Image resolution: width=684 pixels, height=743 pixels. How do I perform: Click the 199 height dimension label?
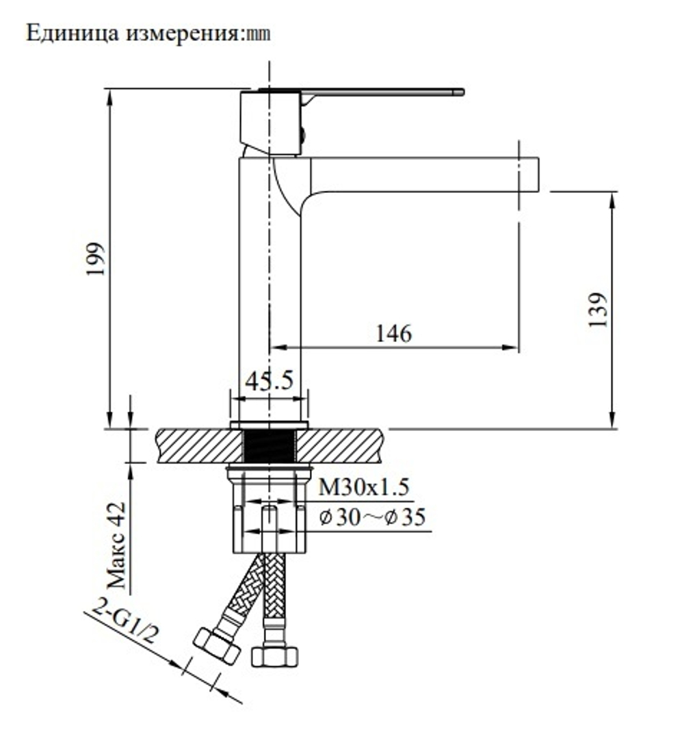(x=95, y=259)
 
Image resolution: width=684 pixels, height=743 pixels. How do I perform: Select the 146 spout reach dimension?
(x=394, y=333)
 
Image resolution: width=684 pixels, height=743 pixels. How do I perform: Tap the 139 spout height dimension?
(x=598, y=310)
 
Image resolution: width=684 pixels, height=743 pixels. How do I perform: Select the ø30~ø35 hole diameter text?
(x=372, y=518)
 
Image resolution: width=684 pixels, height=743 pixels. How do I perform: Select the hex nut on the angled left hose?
(x=217, y=645)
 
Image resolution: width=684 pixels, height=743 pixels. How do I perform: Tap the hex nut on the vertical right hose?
(x=274, y=656)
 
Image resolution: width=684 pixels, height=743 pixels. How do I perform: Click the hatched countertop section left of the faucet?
(x=199, y=446)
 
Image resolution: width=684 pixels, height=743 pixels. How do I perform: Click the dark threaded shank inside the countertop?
(x=269, y=446)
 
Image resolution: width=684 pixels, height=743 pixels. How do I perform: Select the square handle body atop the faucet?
(x=271, y=123)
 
